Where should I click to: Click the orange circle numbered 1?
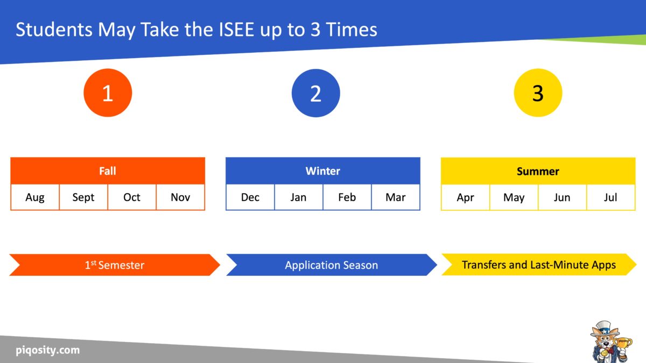108,93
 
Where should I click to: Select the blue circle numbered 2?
316,93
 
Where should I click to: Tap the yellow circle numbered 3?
538,93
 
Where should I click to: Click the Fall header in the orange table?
108,171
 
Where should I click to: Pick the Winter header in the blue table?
323,171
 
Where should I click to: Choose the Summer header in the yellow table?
538,171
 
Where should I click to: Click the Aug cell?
35,197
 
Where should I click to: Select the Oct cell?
132,197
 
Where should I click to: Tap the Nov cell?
180,197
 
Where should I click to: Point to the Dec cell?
250,197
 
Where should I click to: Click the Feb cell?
347,197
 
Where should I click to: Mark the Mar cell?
396,197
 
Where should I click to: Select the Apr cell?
466,197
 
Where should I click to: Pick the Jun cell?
562,197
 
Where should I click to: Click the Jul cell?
610,197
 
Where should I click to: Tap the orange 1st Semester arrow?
115,265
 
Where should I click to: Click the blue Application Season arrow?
331,265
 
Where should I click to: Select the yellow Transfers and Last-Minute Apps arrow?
538,265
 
